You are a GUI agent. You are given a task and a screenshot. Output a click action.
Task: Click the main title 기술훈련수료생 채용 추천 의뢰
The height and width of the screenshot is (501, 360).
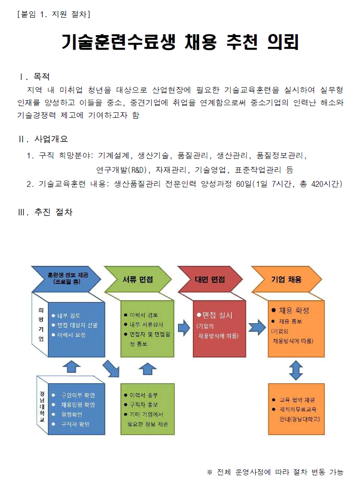[180, 43]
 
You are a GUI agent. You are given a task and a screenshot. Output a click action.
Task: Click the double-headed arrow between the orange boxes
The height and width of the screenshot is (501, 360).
[296, 370]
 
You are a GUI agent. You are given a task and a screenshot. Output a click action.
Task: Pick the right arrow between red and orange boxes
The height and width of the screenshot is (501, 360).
[257, 326]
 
